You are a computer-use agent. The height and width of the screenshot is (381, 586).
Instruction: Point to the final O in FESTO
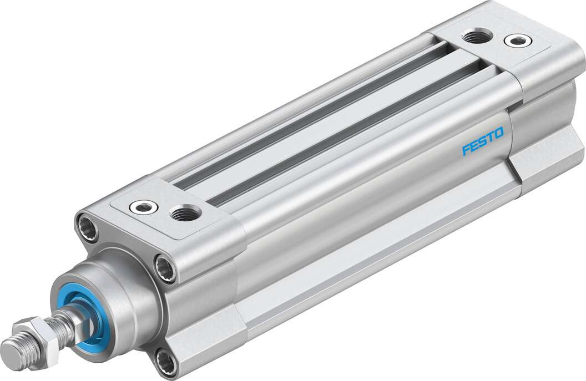(498, 133)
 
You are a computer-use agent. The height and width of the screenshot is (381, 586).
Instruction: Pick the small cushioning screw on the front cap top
(143, 207)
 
